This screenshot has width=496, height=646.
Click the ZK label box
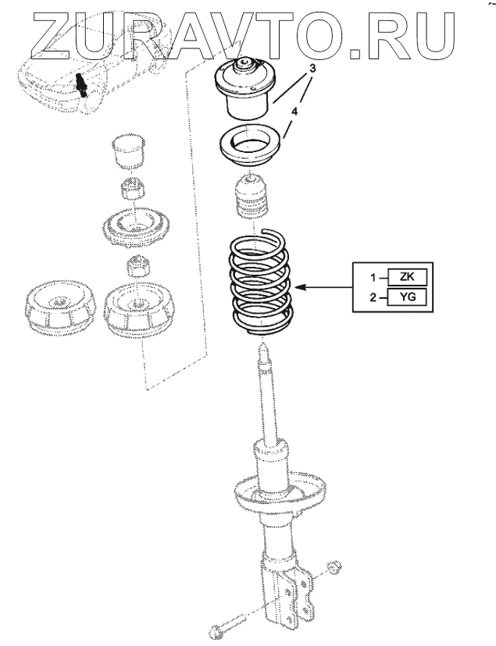click(x=405, y=277)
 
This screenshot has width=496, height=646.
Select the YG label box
click(x=405, y=297)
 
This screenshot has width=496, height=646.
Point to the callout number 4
click(x=294, y=112)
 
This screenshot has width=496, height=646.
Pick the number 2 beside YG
click(x=373, y=297)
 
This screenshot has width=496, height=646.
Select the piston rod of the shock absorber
click(x=269, y=398)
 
